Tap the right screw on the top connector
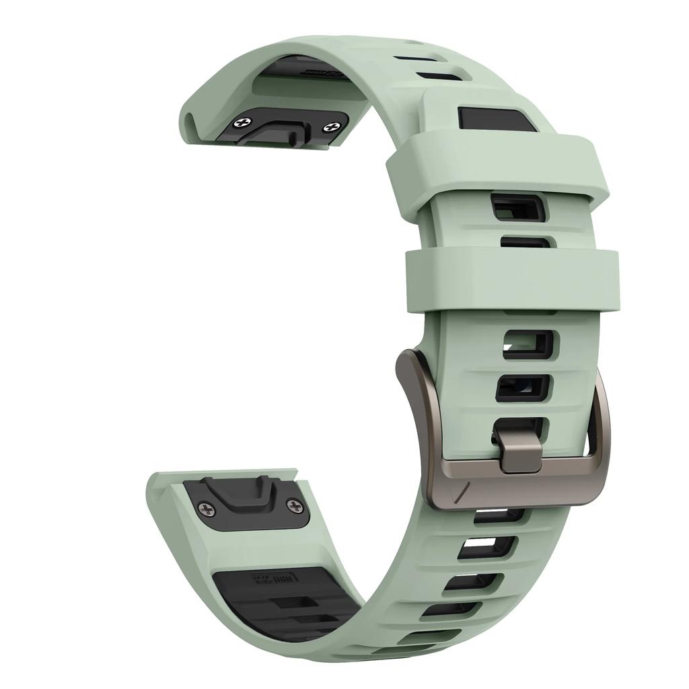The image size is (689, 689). tap(331, 126)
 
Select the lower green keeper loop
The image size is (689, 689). tap(511, 281)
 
